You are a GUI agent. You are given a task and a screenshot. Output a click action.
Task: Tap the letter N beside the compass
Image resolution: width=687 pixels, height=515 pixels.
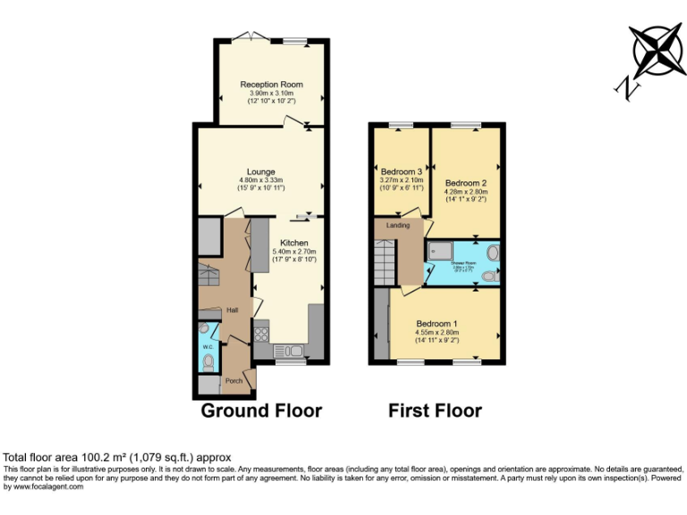point(629,87)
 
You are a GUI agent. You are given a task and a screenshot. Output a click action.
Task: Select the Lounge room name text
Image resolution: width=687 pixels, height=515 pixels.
point(261,172)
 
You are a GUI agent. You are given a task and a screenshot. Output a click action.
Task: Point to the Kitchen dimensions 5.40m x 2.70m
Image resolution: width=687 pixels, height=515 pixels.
point(294,251)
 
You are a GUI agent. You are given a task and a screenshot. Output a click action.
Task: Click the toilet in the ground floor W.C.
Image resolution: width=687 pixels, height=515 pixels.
point(208,361)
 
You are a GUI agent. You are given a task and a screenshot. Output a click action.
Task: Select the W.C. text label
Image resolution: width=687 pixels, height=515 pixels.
point(207,346)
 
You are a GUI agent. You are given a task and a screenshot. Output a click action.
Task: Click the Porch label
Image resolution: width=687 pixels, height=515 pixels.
point(233,381)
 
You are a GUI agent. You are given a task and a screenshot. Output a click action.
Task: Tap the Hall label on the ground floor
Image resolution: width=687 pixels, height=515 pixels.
point(232,310)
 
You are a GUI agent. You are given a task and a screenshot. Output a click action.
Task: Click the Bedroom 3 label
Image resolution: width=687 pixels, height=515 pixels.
point(401,172)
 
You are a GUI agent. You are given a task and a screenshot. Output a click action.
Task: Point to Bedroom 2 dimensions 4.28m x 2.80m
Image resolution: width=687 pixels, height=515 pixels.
point(465,190)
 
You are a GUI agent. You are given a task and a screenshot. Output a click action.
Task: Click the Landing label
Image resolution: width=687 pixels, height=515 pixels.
point(398,225)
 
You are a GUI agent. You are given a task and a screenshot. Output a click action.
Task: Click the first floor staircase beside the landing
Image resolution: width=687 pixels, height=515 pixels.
point(385,263)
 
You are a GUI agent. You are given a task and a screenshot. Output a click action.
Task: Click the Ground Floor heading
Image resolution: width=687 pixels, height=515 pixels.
point(260,410)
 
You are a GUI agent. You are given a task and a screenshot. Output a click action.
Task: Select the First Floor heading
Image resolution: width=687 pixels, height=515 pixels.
point(435,410)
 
